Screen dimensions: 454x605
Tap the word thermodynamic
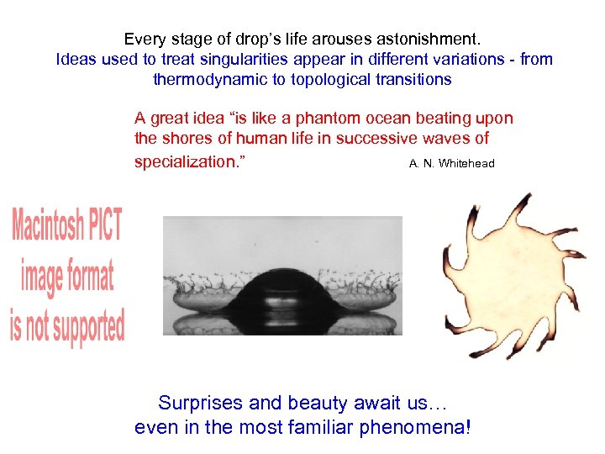pyautogui.click(x=206, y=80)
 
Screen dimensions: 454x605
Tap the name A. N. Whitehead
pyautogui.click(x=451, y=163)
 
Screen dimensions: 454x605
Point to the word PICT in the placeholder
pyautogui.click(x=105, y=226)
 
